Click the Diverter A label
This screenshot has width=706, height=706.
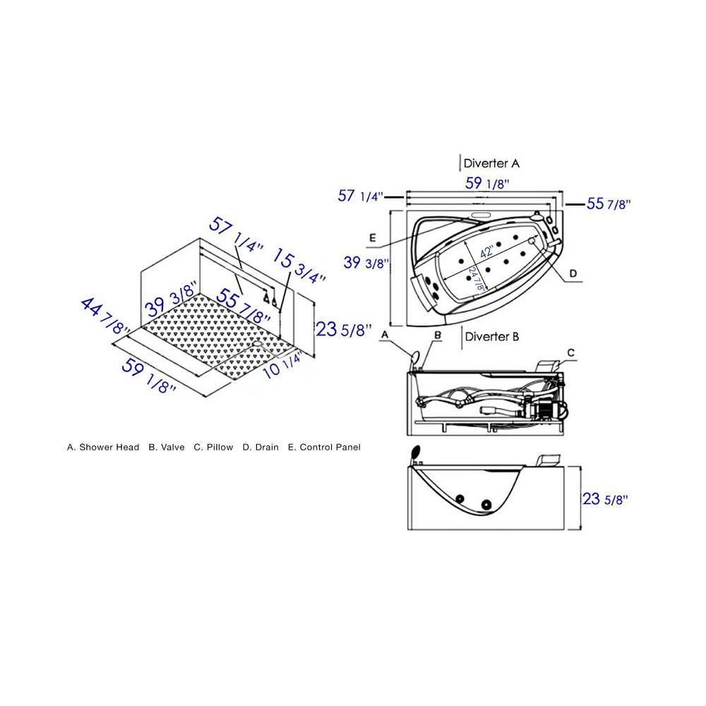(x=491, y=163)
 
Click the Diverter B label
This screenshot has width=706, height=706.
(x=491, y=336)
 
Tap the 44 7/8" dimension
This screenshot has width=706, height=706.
(x=104, y=316)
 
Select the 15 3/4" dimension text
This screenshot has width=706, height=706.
(x=299, y=266)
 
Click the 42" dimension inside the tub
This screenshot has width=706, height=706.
(x=486, y=251)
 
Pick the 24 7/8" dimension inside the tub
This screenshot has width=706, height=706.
(x=477, y=279)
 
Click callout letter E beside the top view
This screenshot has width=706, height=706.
(x=372, y=237)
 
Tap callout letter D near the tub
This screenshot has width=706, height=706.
(x=573, y=273)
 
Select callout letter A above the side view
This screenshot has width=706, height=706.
(x=385, y=335)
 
